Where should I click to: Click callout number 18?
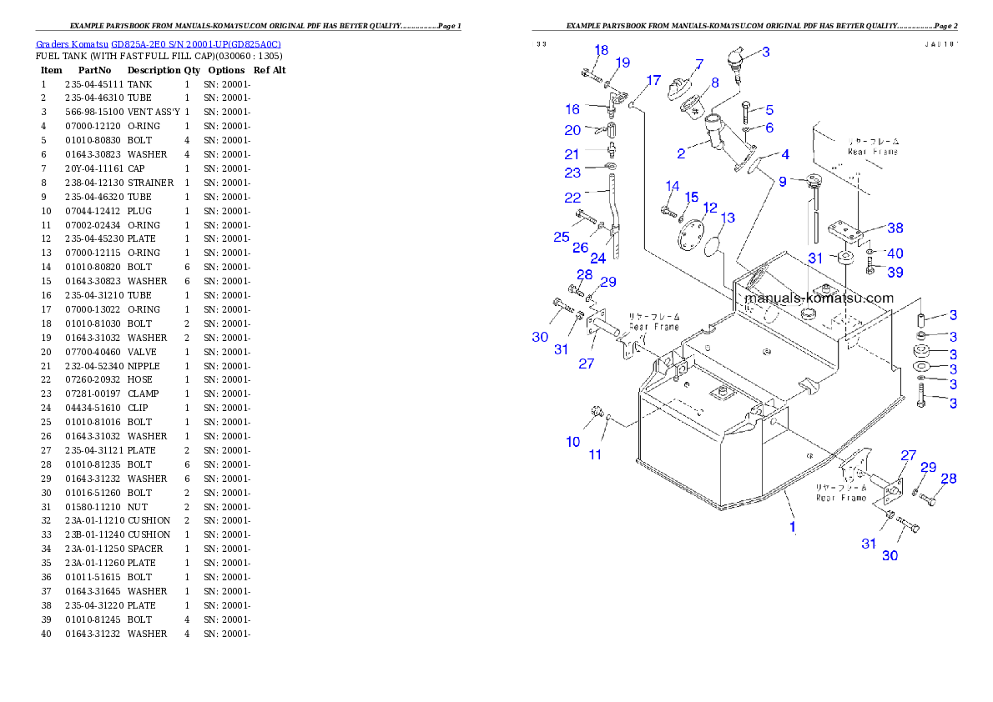(x=601, y=50)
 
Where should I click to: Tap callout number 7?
(x=698, y=63)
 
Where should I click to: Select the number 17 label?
(x=653, y=81)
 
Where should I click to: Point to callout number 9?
(x=782, y=181)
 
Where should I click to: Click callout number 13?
(x=728, y=218)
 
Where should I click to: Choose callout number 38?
(x=895, y=228)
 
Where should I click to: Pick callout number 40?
(x=895, y=253)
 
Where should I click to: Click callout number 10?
(x=572, y=442)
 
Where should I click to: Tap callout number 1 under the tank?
(x=793, y=527)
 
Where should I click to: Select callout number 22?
(x=572, y=198)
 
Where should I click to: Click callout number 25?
(x=561, y=238)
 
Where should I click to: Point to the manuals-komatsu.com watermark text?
(x=819, y=298)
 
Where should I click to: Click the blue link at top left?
(x=159, y=43)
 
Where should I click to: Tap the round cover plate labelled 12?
(x=691, y=233)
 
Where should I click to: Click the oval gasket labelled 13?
(x=714, y=248)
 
